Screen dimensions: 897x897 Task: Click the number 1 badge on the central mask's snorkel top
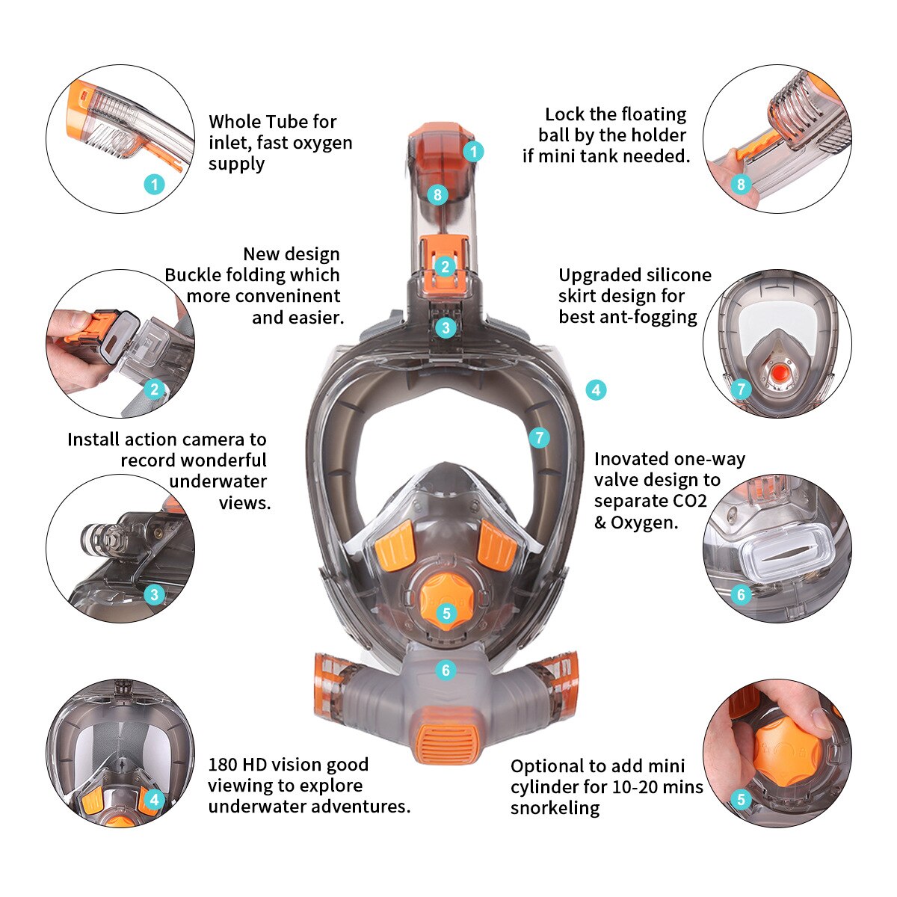(x=473, y=152)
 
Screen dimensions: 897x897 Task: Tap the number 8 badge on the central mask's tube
(x=438, y=195)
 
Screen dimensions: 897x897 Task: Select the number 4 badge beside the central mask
(x=595, y=389)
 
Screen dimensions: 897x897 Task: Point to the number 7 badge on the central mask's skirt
(x=539, y=438)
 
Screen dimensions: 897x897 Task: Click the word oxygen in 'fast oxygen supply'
(x=321, y=143)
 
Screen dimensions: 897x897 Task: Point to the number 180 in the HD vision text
(x=223, y=765)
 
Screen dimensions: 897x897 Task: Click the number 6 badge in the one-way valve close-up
(x=741, y=594)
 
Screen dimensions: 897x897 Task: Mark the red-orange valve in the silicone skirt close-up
(x=778, y=372)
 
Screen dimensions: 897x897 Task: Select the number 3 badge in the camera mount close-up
(x=154, y=594)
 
